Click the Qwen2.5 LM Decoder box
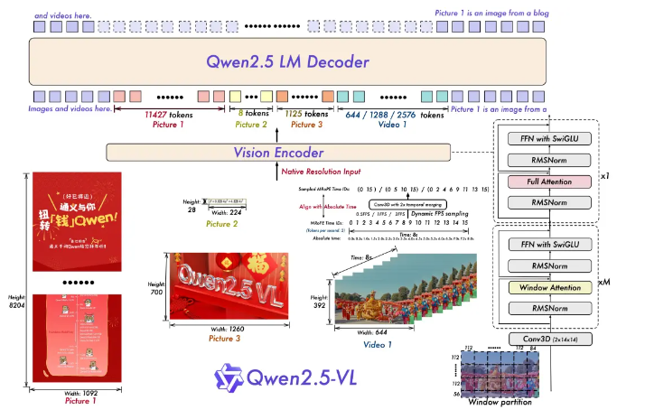pos(287,62)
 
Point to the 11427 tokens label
pos(174,116)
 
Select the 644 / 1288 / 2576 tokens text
pos(395,116)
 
